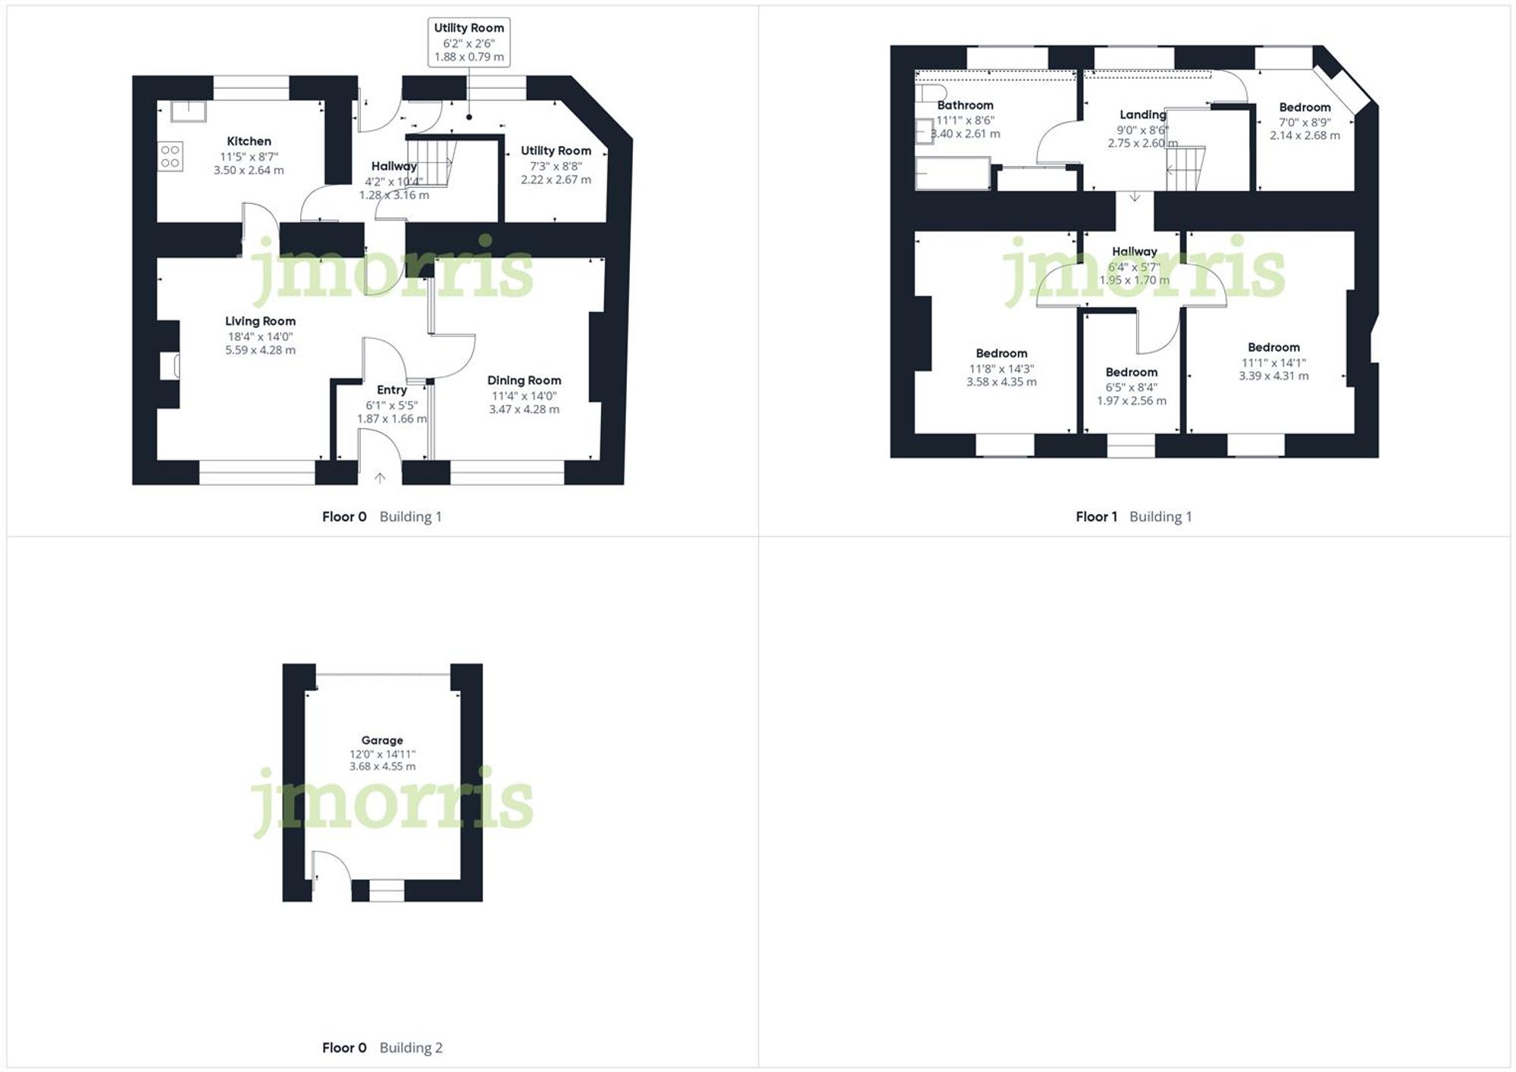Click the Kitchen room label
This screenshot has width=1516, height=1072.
(249, 141)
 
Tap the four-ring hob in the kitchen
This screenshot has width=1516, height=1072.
(170, 157)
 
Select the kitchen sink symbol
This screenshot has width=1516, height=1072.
(188, 111)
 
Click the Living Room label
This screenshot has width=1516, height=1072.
(260, 321)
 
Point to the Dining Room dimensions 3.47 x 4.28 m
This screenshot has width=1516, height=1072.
(524, 409)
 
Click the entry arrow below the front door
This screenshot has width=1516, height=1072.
(380, 477)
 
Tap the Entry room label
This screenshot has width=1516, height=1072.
(392, 389)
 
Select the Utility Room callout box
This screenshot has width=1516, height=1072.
(468, 42)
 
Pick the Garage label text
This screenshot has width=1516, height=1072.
(382, 740)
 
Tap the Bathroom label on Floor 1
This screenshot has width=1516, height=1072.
(965, 105)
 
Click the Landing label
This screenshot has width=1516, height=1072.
(1142, 114)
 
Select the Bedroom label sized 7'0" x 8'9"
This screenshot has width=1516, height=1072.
(1305, 108)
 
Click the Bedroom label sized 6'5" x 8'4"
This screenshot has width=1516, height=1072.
(1131, 372)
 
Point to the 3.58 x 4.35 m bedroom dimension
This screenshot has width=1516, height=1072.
(1001, 382)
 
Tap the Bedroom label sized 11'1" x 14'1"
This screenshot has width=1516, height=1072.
(1273, 347)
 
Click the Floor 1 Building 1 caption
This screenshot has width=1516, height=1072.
(1133, 517)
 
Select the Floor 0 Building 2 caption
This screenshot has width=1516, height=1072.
(382, 1048)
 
